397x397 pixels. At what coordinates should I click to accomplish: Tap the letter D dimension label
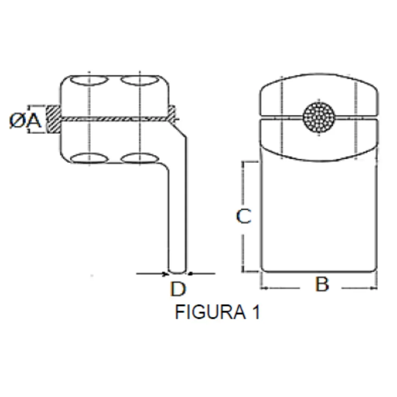tap(178, 289)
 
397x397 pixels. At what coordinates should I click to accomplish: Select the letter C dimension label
tap(244, 216)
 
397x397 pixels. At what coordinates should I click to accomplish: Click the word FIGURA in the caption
tap(210, 312)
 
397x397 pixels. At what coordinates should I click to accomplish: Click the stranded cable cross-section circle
tap(319, 118)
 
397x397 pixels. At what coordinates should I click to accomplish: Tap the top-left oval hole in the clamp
tap(89, 80)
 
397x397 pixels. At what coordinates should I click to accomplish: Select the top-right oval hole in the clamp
tap(140, 80)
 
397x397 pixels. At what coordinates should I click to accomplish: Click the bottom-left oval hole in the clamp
tap(89, 158)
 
